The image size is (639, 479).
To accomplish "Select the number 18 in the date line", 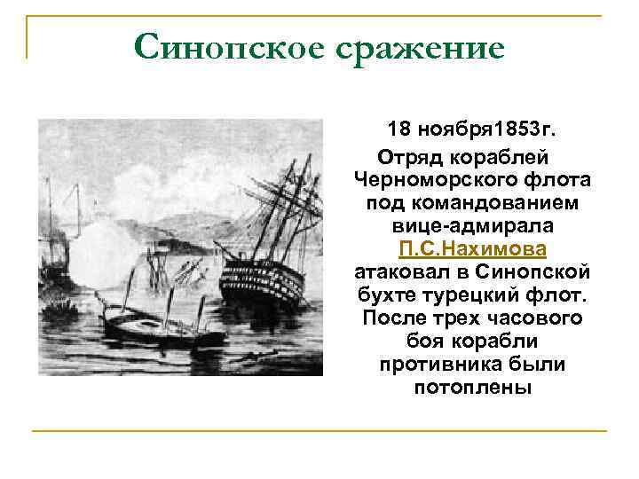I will click(x=400, y=131).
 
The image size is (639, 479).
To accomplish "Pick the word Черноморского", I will click(x=429, y=180).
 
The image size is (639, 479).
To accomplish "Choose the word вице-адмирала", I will click(x=473, y=225).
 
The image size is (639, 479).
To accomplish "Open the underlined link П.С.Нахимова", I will click(x=473, y=248).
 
